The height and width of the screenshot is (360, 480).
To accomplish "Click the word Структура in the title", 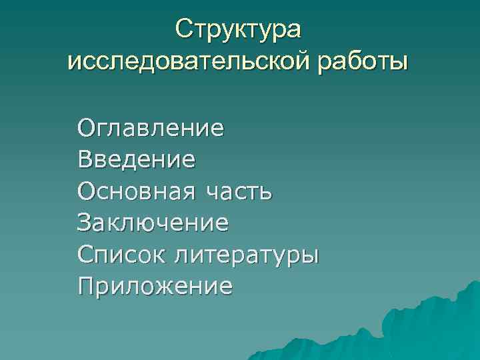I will tap(239, 30).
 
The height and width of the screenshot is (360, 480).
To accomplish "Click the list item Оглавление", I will tap(151, 127).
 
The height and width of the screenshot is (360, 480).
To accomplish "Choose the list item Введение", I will tap(137, 159).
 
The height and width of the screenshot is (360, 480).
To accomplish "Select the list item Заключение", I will tap(153, 223).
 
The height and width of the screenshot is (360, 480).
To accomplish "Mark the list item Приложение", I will tap(155, 287).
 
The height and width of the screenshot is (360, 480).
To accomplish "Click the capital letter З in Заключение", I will tap(85, 223).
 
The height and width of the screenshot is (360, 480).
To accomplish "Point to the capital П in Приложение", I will tap(86, 287).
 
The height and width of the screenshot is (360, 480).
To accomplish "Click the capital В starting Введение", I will tap(86, 159).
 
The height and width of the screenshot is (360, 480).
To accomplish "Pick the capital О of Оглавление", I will tap(87, 127).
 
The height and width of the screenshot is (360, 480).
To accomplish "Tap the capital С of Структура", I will tap(183, 30).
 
